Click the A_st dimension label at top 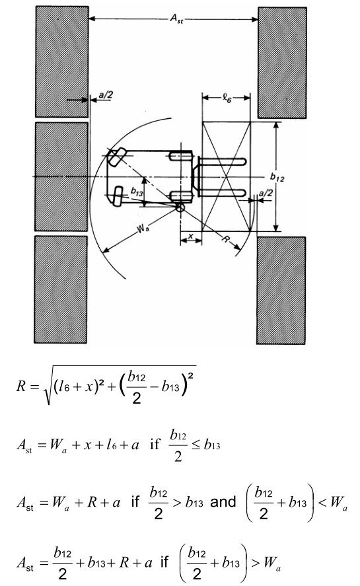[x=177, y=18]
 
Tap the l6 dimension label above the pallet [x=227, y=98]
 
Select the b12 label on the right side [x=277, y=177]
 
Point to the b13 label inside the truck [x=137, y=192]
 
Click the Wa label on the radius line [x=143, y=228]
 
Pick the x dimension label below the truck [x=191, y=236]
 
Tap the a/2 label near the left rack [x=106, y=95]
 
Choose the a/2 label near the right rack [x=266, y=193]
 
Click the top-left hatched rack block [x=62, y=62]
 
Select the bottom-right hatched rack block [x=281, y=291]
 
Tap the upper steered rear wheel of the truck [x=117, y=157]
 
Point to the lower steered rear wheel [x=119, y=196]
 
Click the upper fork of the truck [x=221, y=163]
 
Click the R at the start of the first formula [x=21, y=386]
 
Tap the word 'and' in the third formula [x=223, y=502]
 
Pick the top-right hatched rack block [x=282, y=63]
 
